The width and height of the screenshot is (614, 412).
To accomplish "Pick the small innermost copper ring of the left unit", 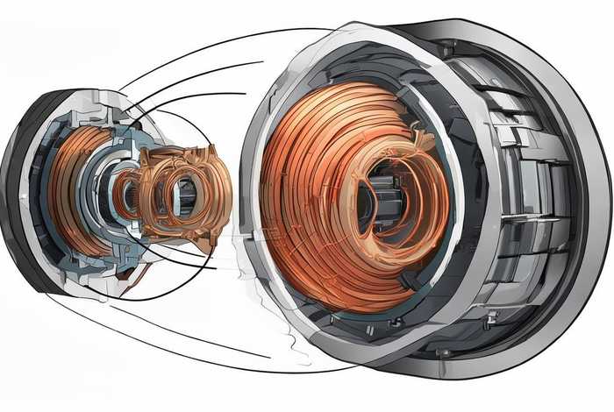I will (128, 195).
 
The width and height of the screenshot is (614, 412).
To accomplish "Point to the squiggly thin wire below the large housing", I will (289, 346).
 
